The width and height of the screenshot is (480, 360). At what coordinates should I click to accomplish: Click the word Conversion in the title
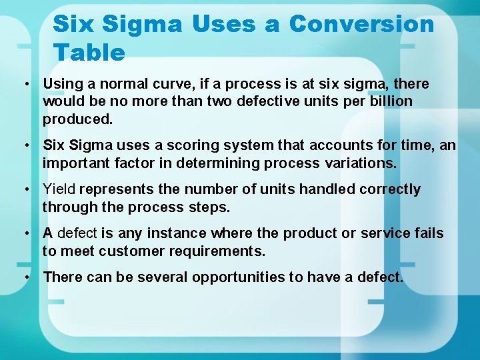(361, 24)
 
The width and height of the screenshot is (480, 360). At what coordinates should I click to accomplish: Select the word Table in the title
(89, 52)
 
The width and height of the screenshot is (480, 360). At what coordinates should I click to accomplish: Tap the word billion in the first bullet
(388, 101)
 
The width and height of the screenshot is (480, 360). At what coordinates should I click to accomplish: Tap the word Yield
(59, 189)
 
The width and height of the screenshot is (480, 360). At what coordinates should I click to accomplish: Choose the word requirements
(213, 251)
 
